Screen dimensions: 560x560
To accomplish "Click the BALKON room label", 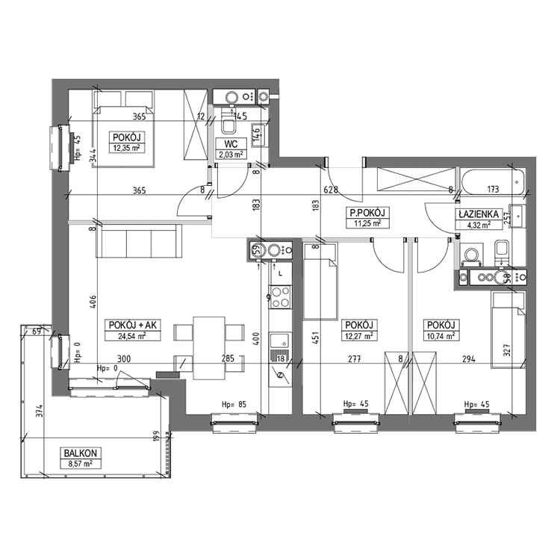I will (x=79, y=453).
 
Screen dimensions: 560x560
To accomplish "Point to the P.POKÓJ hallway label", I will (x=367, y=212).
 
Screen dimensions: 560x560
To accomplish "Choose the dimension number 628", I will (x=332, y=190).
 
